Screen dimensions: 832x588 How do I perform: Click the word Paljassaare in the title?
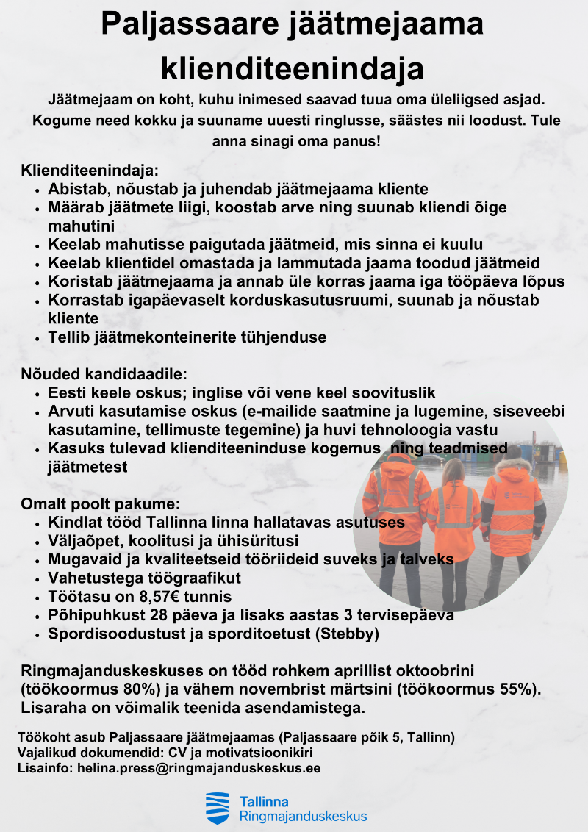[183, 25]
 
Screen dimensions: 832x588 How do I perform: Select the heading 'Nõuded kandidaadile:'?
[104, 374]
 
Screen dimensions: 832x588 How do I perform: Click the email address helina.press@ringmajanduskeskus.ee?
[198, 768]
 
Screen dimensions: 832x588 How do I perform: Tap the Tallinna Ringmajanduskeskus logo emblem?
[217, 808]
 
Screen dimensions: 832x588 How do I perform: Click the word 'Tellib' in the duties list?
[68, 337]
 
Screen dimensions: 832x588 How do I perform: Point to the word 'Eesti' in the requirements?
[67, 392]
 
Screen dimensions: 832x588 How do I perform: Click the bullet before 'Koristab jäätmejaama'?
[37, 282]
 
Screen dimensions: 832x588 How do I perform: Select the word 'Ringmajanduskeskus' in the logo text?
[303, 816]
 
